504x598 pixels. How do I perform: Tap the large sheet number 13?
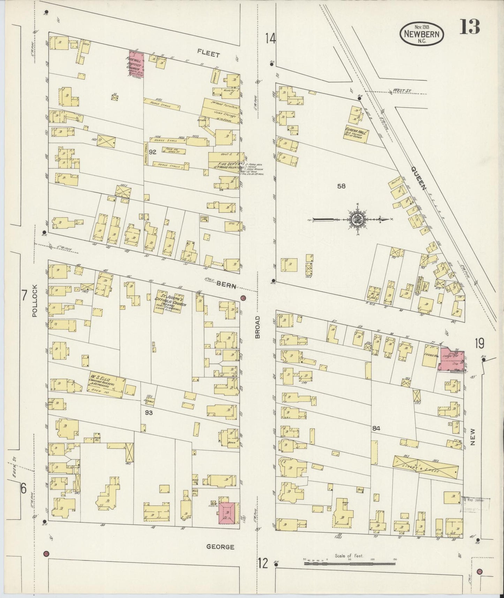tap(469, 27)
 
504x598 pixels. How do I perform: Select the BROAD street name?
tap(258, 327)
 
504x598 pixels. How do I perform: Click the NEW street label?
tap(473, 437)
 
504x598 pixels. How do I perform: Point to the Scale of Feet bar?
tap(349, 562)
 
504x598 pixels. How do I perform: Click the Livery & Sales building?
tap(425, 466)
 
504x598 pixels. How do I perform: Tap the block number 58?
tap(341, 186)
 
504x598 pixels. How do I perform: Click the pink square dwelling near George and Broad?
tap(229, 513)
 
